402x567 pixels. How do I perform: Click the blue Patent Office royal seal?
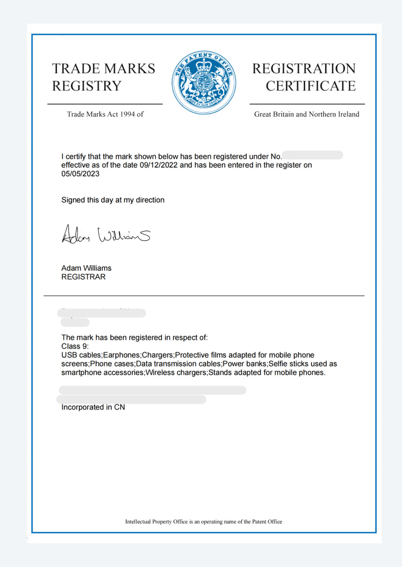pos(204,82)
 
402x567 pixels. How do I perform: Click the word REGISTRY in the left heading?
pos(87,86)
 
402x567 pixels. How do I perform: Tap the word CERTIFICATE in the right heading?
pos(310,86)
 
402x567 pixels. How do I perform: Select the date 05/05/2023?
pos(80,174)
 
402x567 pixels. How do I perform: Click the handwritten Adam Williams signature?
pos(106,234)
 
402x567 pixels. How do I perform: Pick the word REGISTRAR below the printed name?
pos(83,277)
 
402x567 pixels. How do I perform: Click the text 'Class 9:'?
pos(75,346)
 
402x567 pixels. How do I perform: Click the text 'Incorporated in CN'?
pos(93,407)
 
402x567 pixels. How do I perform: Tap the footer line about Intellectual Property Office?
pos(203,522)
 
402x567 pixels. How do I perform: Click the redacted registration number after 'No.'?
pos(313,155)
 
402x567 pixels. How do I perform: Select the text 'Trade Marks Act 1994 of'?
pos(105,114)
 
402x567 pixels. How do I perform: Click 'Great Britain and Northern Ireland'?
pos(306,114)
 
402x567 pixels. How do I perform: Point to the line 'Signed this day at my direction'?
pos(113,200)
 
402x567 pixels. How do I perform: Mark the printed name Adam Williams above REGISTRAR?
pos(87,268)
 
